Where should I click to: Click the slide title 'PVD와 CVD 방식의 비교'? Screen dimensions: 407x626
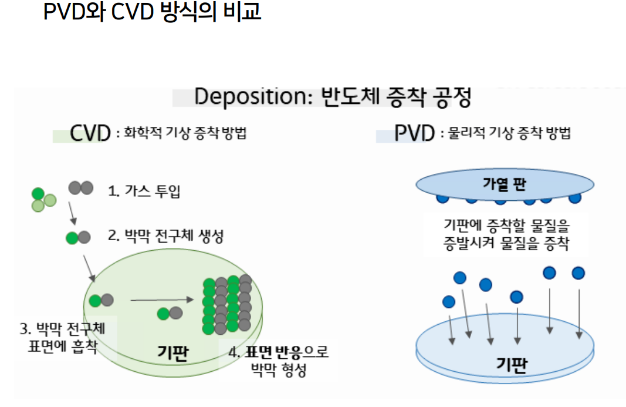point(152,12)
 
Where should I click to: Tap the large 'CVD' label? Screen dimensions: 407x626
point(90,134)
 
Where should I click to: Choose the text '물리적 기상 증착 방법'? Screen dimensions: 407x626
point(509,134)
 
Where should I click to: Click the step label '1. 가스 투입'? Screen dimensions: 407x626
point(143,191)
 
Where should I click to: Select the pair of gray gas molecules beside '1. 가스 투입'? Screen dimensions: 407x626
point(80,188)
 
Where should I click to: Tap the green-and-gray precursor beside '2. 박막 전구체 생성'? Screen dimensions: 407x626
point(78,238)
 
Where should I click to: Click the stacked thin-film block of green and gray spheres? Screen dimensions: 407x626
point(227,304)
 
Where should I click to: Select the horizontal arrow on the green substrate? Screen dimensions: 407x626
point(162,300)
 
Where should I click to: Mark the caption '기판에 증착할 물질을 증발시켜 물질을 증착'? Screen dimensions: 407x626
point(506,234)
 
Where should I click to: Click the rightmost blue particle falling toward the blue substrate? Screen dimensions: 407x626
point(578,273)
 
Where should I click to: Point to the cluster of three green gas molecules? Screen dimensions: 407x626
point(43,199)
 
